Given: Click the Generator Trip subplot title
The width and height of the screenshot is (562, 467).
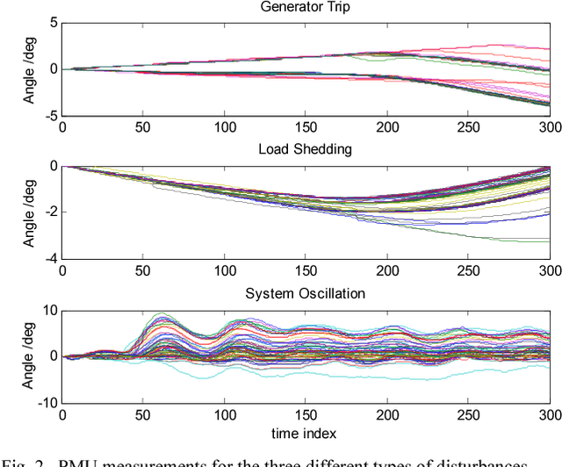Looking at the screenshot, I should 306,8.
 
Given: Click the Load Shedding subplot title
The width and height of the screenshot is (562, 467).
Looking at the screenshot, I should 306,149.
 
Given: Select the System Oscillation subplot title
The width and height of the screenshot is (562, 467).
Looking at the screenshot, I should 306,293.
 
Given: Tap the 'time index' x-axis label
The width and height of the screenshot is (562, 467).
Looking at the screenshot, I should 305,433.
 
